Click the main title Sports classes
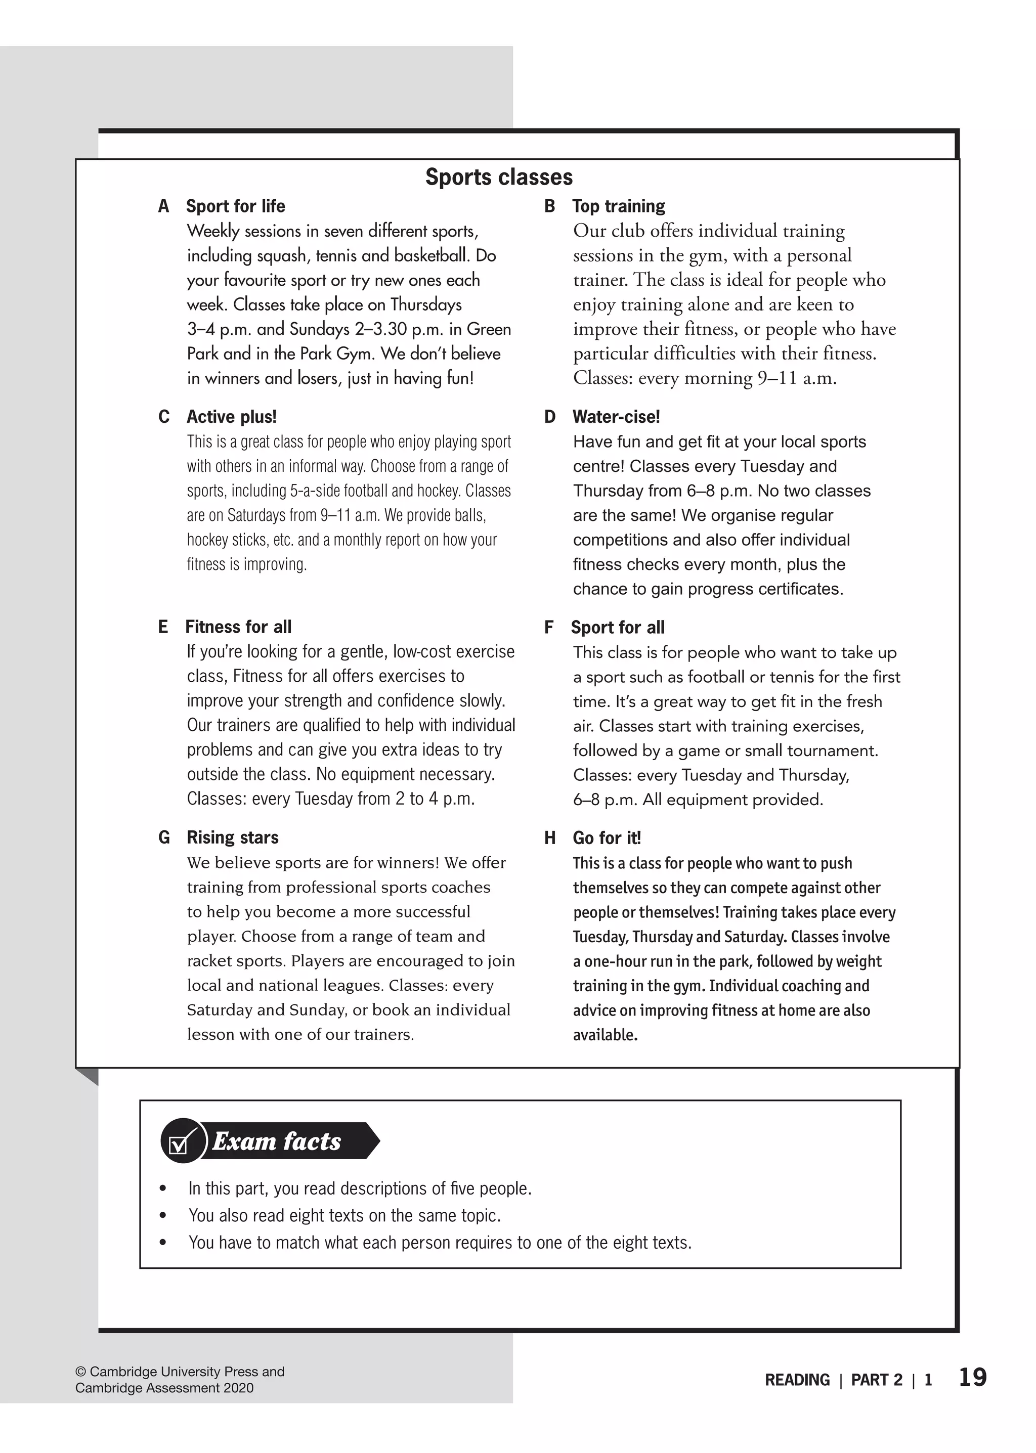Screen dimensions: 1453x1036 coord(499,178)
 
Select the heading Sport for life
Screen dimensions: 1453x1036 coord(235,206)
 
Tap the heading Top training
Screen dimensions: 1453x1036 coord(618,206)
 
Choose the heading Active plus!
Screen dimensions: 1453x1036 coord(232,417)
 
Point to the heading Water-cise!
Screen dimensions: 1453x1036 coord(616,417)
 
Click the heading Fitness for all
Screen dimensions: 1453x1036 coord(238,627)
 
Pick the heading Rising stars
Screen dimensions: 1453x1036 coord(232,838)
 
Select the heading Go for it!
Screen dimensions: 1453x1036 coord(606,838)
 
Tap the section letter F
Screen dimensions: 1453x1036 coord(549,628)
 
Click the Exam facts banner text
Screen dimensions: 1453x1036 coord(276,1141)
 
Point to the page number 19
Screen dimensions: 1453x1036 coord(972,1378)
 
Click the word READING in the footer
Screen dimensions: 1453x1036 coord(797,1380)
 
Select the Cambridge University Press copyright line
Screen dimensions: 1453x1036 coord(180,1372)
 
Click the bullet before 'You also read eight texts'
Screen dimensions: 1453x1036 coord(163,1216)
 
